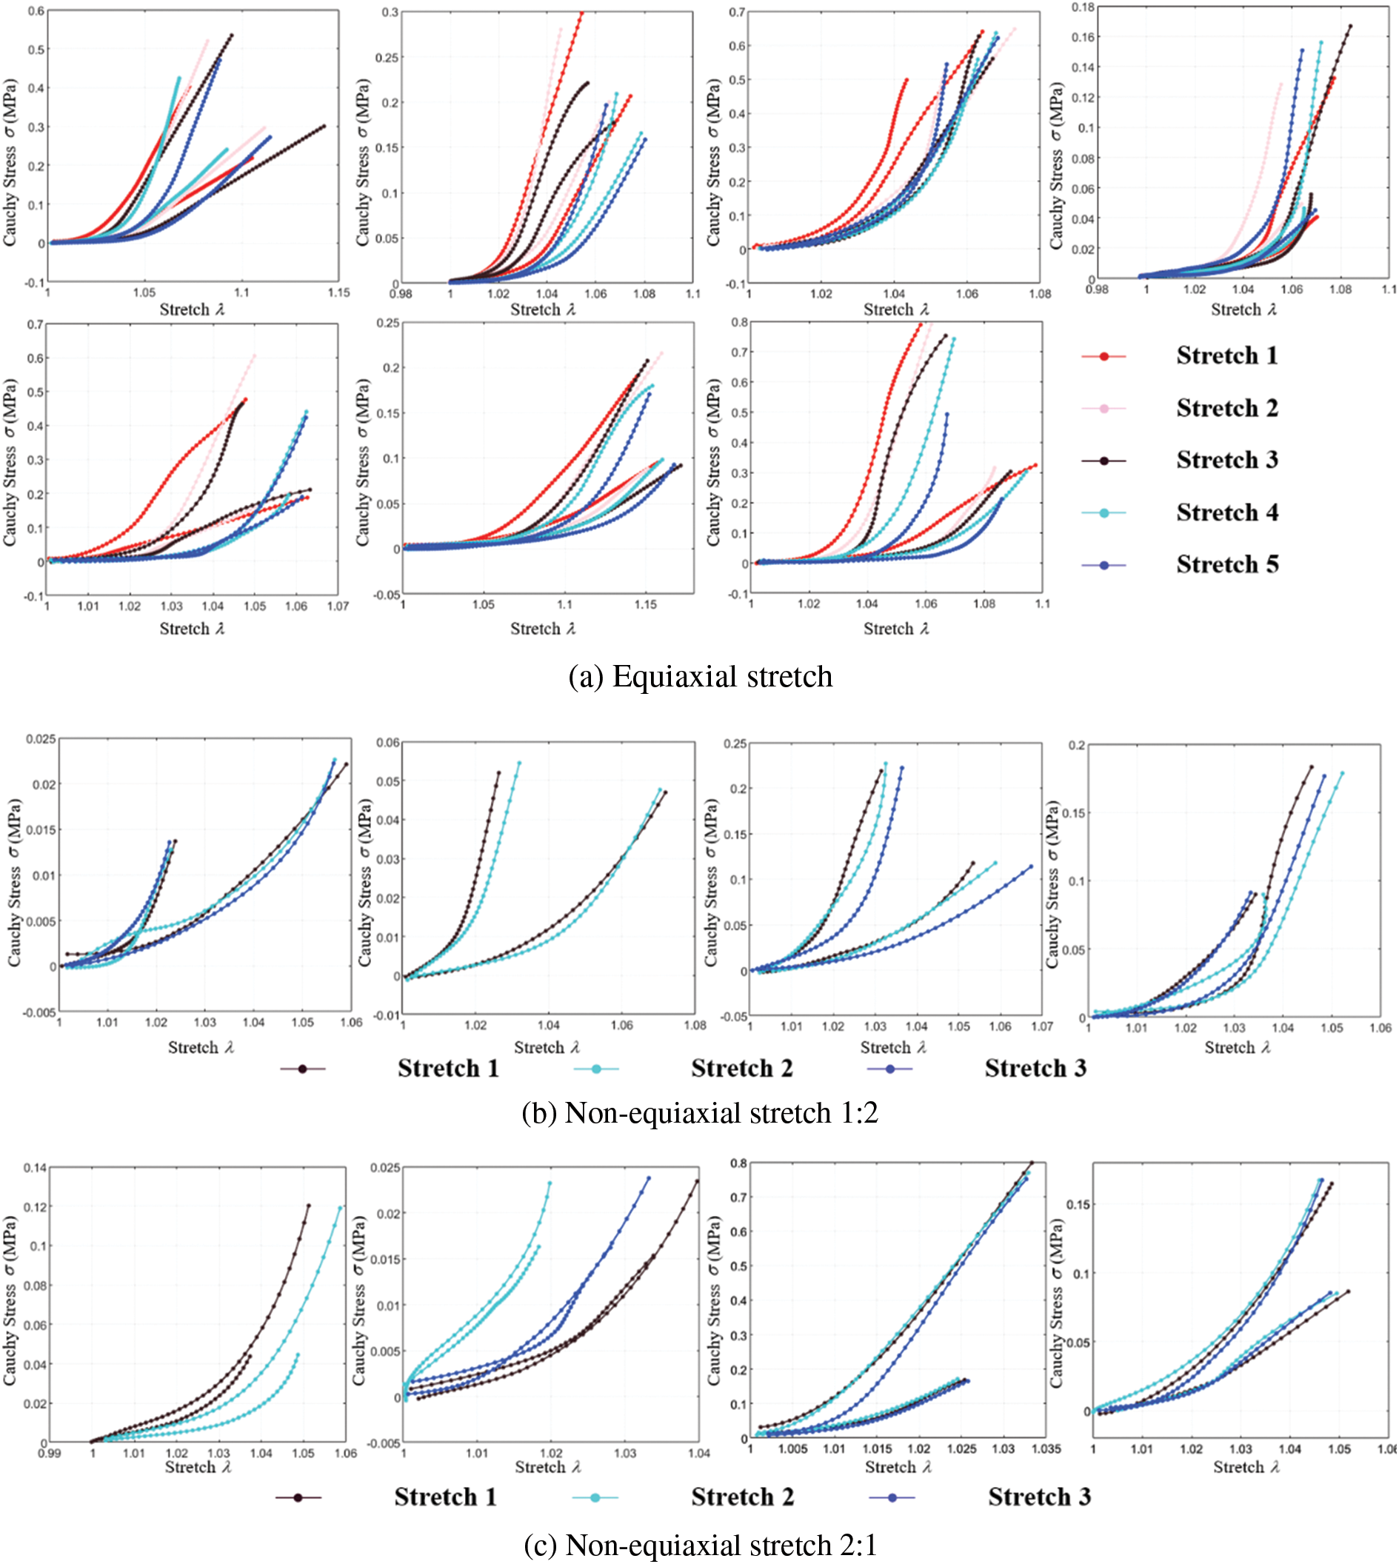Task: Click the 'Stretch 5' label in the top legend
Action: (1227, 565)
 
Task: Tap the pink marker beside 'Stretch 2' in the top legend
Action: (1103, 408)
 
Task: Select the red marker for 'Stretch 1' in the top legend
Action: (1103, 356)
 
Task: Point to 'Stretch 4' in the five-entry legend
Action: (1227, 512)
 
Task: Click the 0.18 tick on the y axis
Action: (1083, 7)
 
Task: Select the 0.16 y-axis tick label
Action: (1083, 37)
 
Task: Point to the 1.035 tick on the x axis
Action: (1046, 1448)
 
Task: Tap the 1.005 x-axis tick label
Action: (792, 1448)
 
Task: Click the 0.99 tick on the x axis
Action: (49, 1453)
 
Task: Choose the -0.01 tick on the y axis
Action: (387, 1015)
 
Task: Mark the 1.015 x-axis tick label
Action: (877, 1448)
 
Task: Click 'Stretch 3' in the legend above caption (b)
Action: (1035, 1069)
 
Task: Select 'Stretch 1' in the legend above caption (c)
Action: (445, 1497)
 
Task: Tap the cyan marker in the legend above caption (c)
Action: (595, 1497)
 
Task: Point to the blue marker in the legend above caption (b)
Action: (890, 1069)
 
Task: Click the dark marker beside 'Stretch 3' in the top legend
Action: (1103, 461)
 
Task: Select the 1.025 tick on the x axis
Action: (961, 1448)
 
